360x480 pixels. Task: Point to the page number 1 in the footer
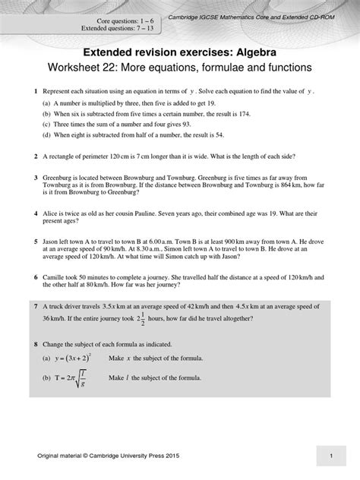pos(331,454)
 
